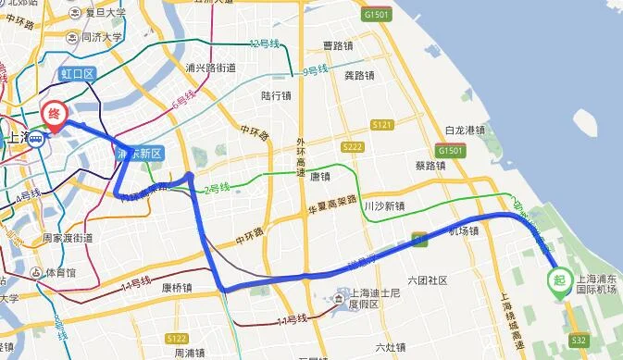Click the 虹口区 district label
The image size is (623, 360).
[77, 72]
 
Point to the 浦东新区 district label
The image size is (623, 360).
[140, 154]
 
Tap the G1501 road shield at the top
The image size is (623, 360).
[376, 16]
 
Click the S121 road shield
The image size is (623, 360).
[381, 124]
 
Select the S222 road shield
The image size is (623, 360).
[351, 147]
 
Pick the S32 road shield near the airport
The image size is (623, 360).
[578, 341]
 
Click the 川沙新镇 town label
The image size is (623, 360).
[385, 206]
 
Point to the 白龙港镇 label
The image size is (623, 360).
[466, 130]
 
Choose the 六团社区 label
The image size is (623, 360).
[427, 280]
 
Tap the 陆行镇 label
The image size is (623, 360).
[277, 94]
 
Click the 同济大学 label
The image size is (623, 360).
[101, 38]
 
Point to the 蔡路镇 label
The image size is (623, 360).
[431, 167]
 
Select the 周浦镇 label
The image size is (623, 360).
[190, 353]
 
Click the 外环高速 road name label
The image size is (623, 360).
[301, 156]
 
